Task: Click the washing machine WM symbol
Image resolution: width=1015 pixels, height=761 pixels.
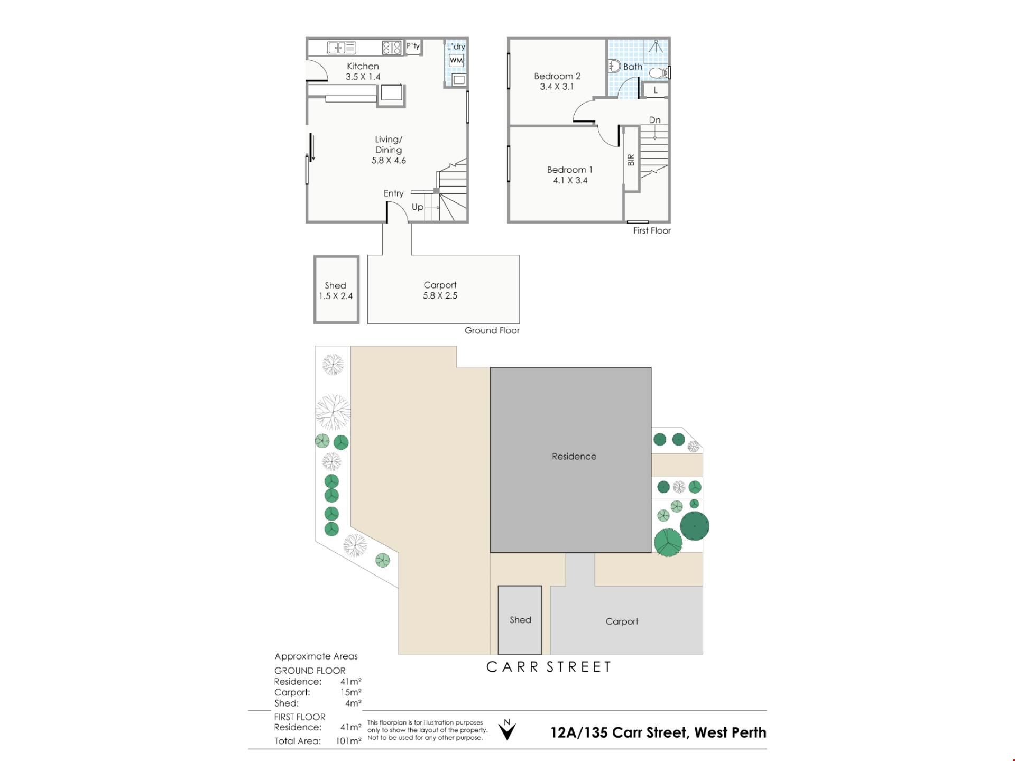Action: pos(456,60)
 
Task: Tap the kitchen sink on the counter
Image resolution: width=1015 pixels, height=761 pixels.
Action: pos(342,48)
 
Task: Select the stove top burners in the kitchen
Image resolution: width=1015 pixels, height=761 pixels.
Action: pos(392,48)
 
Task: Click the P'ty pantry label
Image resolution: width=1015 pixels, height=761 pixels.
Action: pos(413,46)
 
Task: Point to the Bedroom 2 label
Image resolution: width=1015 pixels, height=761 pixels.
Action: pos(557,76)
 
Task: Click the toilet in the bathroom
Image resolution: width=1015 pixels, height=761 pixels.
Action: pos(660,72)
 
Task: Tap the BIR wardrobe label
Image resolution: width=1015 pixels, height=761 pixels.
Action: pos(631,160)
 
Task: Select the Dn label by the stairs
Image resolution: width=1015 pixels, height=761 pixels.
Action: pos(654,120)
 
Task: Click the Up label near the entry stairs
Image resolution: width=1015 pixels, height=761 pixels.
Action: pos(418,207)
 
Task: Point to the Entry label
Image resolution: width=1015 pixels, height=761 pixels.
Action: pos(393,193)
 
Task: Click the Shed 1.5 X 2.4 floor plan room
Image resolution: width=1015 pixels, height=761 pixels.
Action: pos(336,290)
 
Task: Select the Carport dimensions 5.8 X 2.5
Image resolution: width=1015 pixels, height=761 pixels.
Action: pos(440,296)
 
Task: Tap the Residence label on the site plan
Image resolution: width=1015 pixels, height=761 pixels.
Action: pos(574,456)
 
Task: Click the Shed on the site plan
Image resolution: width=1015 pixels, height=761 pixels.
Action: pos(520,620)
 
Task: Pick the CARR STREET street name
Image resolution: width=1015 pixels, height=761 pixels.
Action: pos(549,667)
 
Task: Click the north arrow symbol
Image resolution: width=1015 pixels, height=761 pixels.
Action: pos(507,729)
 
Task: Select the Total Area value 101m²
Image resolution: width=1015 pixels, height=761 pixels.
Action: pos(348,741)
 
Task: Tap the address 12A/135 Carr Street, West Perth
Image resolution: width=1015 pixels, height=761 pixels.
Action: pos(658,732)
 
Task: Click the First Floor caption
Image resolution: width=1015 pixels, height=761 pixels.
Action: pos(652,230)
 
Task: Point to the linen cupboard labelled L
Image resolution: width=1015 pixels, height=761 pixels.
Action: pos(656,90)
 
